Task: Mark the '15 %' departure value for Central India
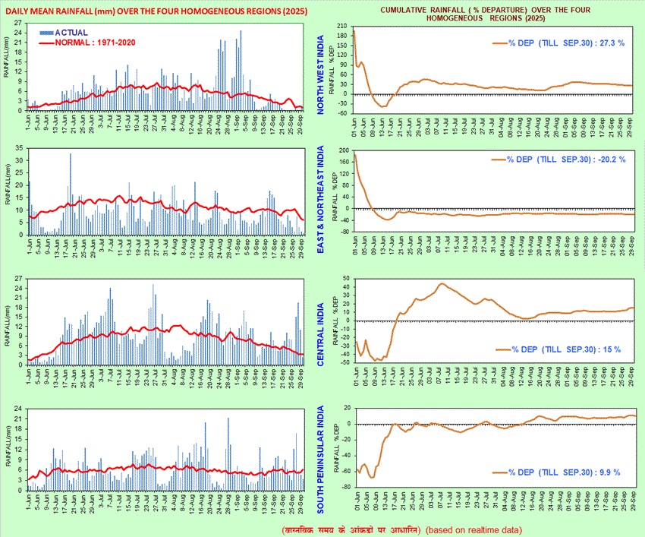612,349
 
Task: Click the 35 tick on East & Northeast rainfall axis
18,150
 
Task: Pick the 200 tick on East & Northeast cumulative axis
342,150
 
